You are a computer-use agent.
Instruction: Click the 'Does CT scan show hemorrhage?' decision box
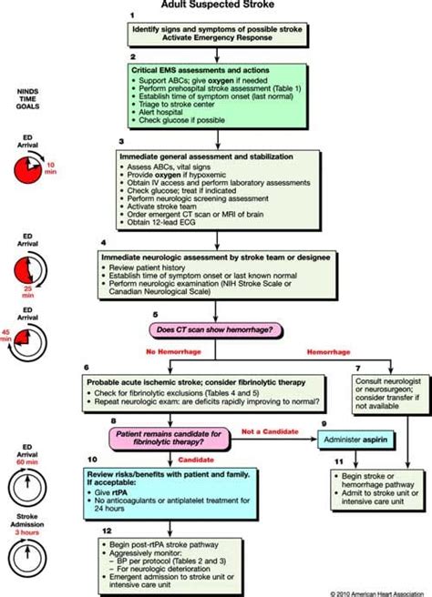[x=215, y=328]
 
